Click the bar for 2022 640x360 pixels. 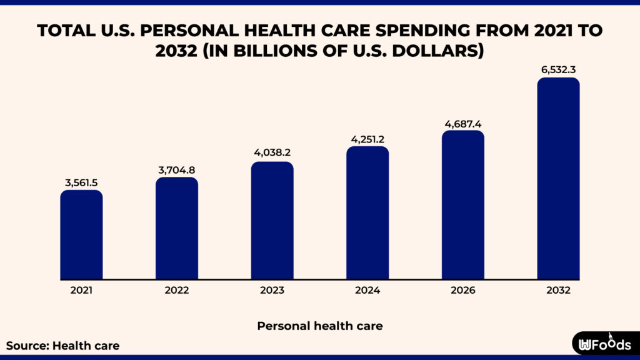coord(177,228)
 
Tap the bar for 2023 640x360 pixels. coord(272,220)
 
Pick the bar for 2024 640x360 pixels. coord(367,212)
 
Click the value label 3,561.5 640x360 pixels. coord(81,182)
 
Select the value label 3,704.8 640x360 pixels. coord(177,170)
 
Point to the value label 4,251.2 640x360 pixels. coord(367,139)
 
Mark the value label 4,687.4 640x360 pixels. coord(463,123)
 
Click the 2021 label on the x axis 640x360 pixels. coord(81,291)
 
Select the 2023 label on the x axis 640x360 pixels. coord(272,291)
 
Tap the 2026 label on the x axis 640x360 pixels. coord(463,291)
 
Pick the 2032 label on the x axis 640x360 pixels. coord(558,291)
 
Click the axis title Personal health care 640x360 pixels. coord(320,326)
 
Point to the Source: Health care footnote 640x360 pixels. coord(62,345)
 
